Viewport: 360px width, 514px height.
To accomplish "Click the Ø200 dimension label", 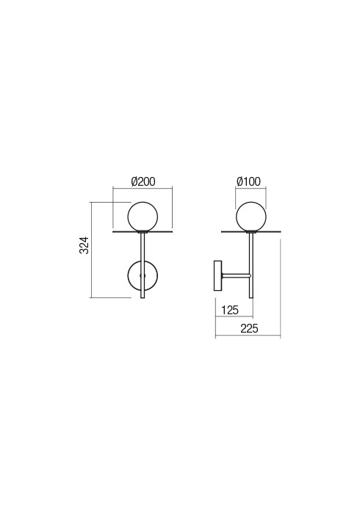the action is (143, 181).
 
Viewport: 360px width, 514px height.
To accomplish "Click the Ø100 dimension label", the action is (248, 181).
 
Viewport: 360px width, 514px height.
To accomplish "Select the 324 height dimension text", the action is (84, 245).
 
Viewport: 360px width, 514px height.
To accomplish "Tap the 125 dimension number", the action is (230, 310).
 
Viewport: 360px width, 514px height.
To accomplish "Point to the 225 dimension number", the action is (249, 328).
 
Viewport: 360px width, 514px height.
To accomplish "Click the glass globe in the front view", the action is (143, 217).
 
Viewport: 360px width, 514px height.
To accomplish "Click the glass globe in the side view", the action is (251, 217).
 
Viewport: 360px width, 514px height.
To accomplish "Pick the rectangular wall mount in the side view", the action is (217, 275).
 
